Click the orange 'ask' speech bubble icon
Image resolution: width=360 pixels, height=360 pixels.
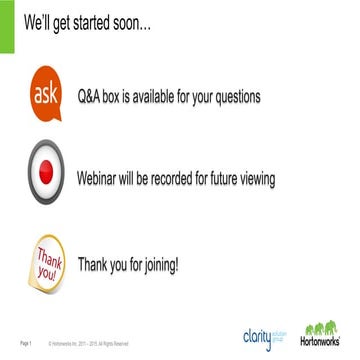pos(45,95)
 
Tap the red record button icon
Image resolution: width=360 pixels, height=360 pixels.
pos(46,178)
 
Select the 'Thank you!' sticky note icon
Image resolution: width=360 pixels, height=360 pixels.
pos(45,264)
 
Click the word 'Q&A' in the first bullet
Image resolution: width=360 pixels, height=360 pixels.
pos(93,97)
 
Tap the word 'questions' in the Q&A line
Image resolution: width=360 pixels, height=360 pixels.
pos(232,97)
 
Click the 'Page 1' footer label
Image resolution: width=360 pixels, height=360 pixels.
pos(27,344)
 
